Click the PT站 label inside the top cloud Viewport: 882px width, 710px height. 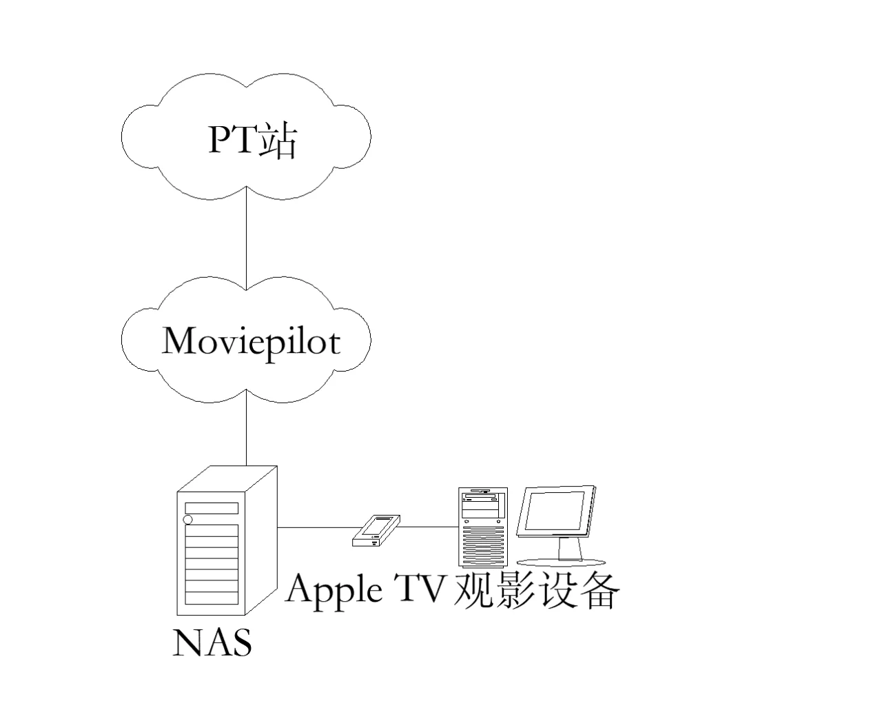click(x=252, y=140)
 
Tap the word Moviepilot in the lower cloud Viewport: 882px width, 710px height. click(x=251, y=340)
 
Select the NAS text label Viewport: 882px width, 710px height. click(x=212, y=642)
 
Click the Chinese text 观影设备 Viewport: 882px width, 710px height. click(x=536, y=590)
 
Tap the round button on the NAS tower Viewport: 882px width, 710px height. click(x=188, y=520)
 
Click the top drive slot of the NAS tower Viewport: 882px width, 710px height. click(x=212, y=508)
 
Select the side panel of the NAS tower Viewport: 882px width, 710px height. click(x=261, y=538)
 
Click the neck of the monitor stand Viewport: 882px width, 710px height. click(x=569, y=547)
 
